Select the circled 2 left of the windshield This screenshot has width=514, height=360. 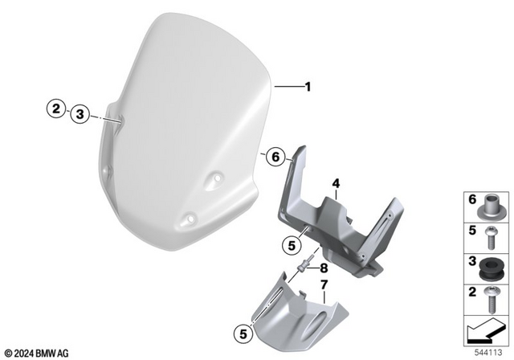click(x=55, y=108)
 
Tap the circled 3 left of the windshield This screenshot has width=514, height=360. click(x=79, y=115)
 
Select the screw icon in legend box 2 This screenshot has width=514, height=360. click(x=491, y=298)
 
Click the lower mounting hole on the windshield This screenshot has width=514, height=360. click(x=190, y=215)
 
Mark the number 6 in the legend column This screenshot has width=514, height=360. click(x=471, y=198)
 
